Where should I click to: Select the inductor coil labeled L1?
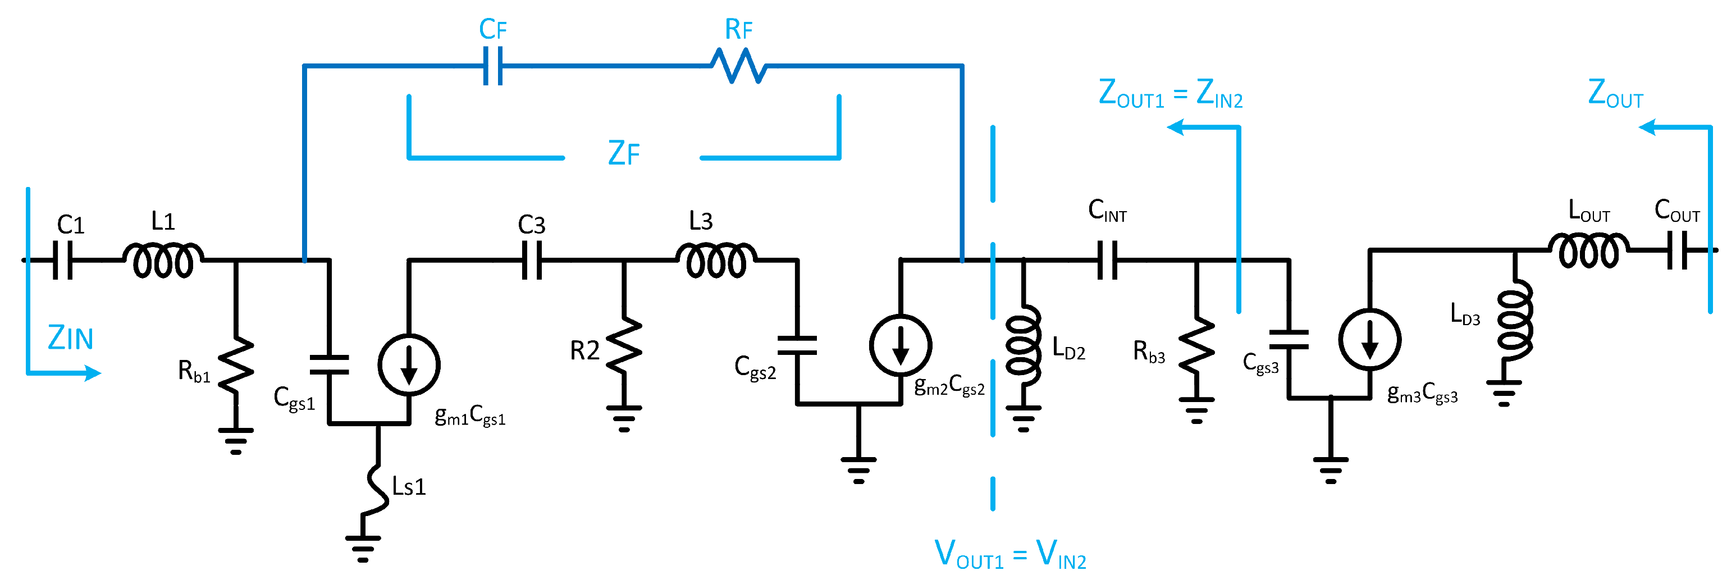pyautogui.click(x=163, y=259)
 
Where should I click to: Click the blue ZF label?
pyautogui.click(x=623, y=153)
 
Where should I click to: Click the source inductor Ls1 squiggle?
pyautogui.click(x=377, y=489)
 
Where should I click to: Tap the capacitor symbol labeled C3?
pyautogui.click(x=532, y=259)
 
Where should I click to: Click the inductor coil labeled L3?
pyautogui.click(x=716, y=259)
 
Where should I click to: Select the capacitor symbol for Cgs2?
pyautogui.click(x=797, y=345)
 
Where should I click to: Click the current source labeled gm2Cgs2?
pyautogui.click(x=901, y=345)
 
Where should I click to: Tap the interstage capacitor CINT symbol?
pyautogui.click(x=1107, y=259)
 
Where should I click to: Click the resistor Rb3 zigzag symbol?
pyautogui.click(x=1197, y=347)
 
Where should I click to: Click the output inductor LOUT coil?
pyautogui.click(x=1588, y=250)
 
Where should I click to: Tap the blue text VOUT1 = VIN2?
pyautogui.click(x=1009, y=555)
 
